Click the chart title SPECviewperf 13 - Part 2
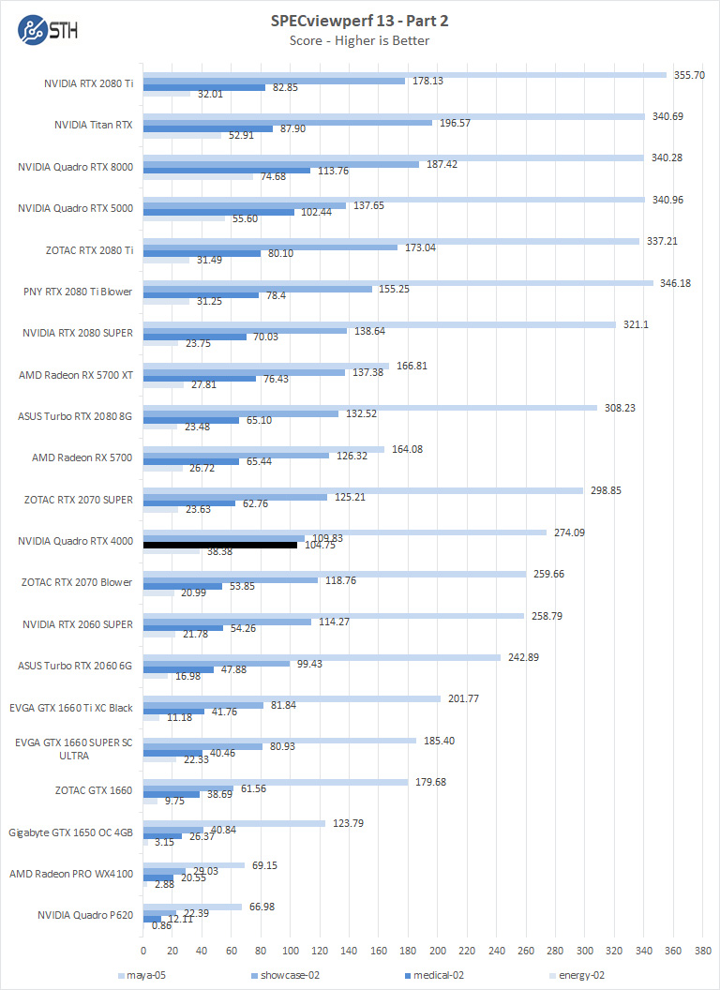(361, 21)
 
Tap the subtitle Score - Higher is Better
(361, 39)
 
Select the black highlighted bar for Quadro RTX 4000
(220, 544)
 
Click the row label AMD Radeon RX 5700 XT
(76, 375)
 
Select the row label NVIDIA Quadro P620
(85, 914)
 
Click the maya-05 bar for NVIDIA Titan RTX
(394, 116)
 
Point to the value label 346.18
(675, 282)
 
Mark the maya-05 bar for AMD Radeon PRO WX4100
(194, 864)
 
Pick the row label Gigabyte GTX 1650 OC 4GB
(70, 832)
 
